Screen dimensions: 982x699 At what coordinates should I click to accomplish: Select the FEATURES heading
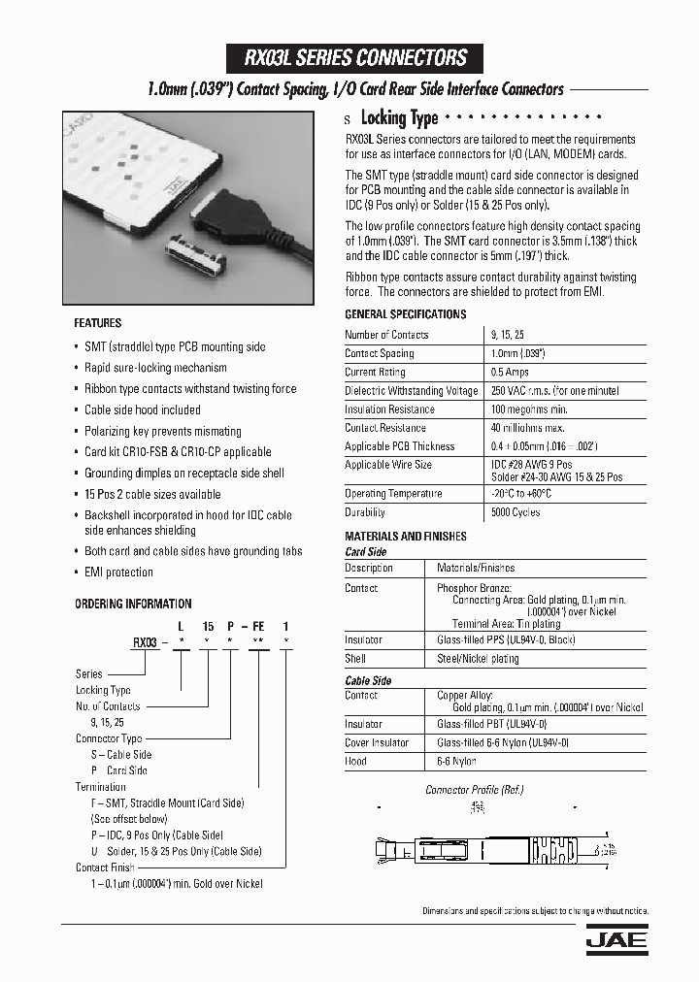[98, 323]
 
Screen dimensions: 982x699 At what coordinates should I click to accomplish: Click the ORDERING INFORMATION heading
[133, 604]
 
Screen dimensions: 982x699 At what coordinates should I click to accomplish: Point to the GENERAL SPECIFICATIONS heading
[406, 314]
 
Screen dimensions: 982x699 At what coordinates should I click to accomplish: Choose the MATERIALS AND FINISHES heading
[406, 537]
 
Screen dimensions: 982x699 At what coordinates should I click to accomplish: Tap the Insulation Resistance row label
[390, 409]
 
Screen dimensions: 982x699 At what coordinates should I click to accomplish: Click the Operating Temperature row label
[393, 494]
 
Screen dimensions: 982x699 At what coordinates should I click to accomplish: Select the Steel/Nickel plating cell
[479, 659]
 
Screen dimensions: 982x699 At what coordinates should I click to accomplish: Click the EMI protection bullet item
[118, 573]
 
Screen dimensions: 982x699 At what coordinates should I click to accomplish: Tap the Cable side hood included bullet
[142, 409]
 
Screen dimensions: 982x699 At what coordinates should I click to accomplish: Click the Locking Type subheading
[399, 118]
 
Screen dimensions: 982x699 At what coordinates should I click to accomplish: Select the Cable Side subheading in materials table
[368, 681]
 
